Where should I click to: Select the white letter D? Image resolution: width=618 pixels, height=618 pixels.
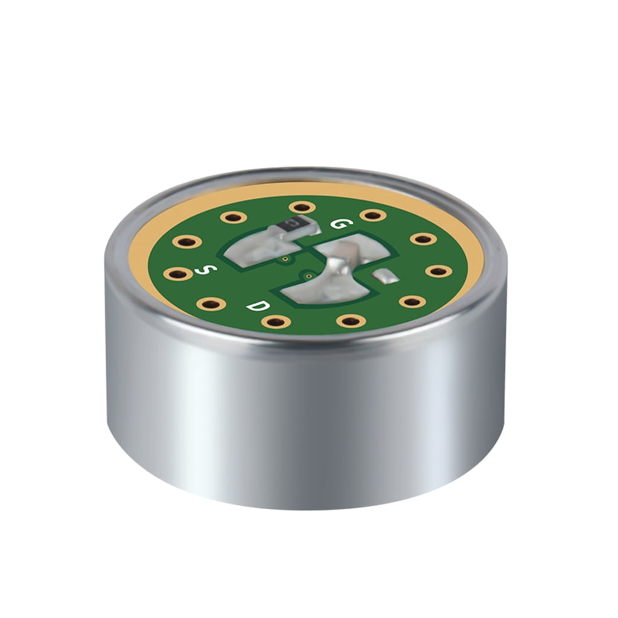click(258, 306)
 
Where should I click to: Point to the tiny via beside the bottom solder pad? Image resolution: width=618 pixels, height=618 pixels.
click(308, 275)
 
